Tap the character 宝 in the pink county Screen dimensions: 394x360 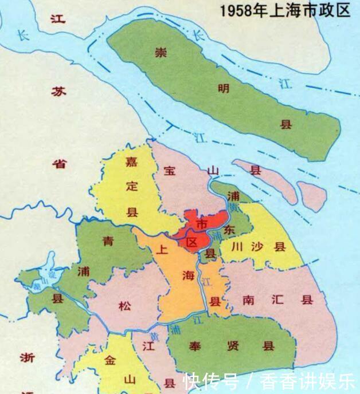[x=170, y=170]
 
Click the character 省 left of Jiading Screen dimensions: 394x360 [x=59, y=164]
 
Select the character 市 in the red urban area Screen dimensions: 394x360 [x=202, y=222]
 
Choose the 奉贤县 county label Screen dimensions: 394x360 [x=232, y=346]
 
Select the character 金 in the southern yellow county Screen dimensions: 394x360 [x=111, y=360]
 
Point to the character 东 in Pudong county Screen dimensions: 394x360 [x=229, y=230]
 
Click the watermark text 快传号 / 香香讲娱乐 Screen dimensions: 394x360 [x=269, y=381]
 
